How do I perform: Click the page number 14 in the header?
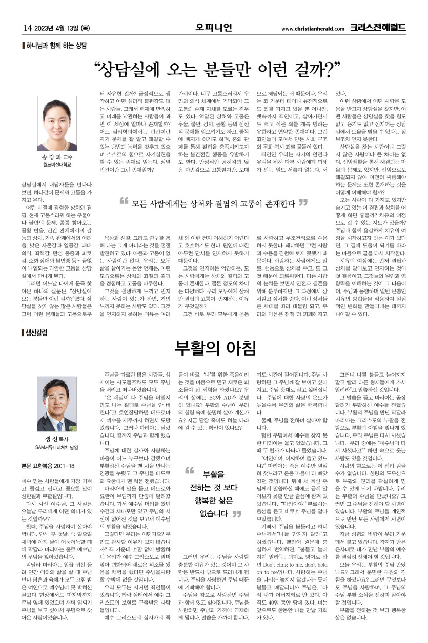pyautogui.click(x=28, y=28)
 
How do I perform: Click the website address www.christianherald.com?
pyautogui.click(x=313, y=29)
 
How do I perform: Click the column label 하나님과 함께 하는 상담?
pyautogui.click(x=57, y=46)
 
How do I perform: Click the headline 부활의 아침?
pyautogui.click(x=214, y=348)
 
